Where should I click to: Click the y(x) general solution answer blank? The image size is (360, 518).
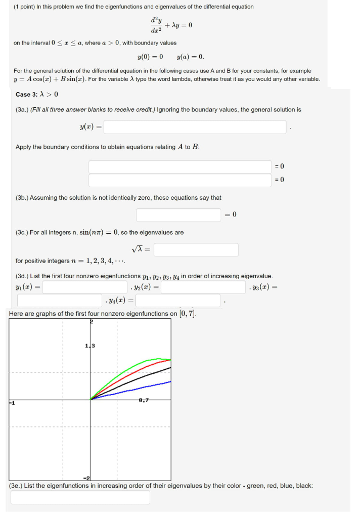(195, 127)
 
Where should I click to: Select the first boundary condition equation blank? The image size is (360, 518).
(180, 166)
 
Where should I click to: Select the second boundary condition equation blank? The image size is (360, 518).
(180, 180)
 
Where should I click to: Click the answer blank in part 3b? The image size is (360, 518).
(178, 215)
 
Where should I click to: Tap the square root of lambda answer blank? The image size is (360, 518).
(196, 250)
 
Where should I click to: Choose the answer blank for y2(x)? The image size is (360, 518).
(203, 287)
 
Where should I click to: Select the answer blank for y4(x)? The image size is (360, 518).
(178, 300)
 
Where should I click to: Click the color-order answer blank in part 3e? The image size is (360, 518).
(80, 497)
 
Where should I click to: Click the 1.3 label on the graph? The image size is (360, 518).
(90, 346)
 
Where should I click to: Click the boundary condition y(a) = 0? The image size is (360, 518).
(191, 57)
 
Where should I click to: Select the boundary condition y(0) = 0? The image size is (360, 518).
(150, 57)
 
